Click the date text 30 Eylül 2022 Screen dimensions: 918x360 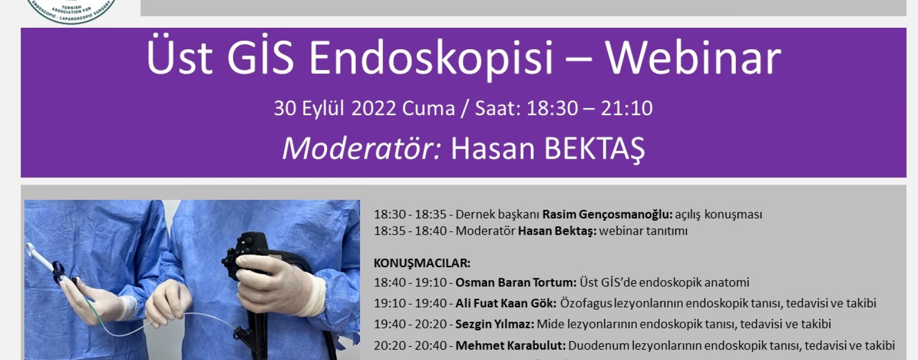pos(335,108)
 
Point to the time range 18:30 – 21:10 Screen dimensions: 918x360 pos(589,108)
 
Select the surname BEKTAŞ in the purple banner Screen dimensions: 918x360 pos(595,149)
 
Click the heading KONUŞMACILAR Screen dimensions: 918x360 pos(422,263)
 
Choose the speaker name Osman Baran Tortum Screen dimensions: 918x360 pos(516,283)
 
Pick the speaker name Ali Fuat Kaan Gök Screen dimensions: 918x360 pos(506,303)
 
